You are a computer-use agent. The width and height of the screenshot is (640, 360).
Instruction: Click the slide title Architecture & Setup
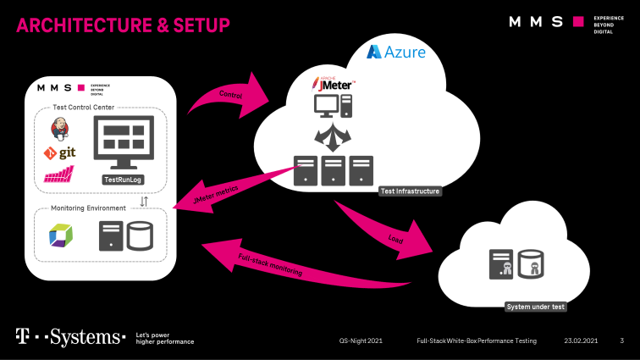124,26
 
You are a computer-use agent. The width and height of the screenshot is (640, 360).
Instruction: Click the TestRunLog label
123,180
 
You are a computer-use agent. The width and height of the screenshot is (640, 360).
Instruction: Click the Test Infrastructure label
410,191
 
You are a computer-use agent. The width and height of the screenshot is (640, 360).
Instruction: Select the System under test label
535,307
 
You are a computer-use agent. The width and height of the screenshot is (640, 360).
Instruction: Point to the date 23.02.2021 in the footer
582,341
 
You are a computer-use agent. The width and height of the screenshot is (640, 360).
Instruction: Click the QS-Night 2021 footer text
361,341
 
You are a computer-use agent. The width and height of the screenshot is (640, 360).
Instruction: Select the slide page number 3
622,341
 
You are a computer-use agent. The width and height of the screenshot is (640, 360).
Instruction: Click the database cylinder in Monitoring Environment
139,235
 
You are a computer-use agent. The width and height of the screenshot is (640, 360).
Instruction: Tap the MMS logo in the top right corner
559,22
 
